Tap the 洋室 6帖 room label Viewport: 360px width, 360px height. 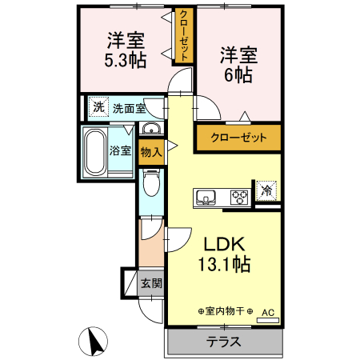[238, 65]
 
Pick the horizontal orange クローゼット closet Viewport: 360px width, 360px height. [238, 137]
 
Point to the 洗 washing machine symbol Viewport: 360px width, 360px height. [98, 107]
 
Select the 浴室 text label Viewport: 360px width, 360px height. [120, 150]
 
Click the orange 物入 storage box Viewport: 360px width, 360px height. [150, 150]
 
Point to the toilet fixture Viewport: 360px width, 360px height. [150, 185]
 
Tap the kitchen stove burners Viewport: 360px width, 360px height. [239, 196]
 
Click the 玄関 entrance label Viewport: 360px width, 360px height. [150, 283]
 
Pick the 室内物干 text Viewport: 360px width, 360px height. [225, 311]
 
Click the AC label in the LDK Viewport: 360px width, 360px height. [267, 313]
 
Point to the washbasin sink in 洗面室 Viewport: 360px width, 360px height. [150, 130]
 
